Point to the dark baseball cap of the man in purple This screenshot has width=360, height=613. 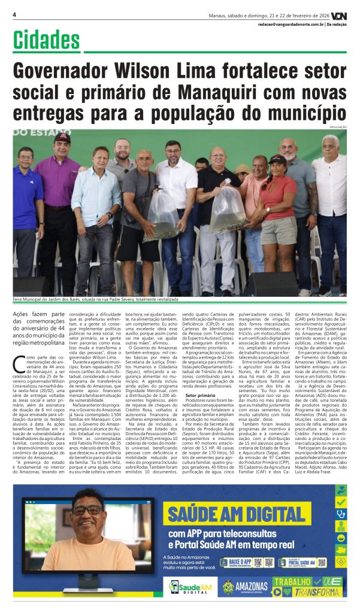[62, 138]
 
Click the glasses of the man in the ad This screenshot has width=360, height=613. [87, 510]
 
